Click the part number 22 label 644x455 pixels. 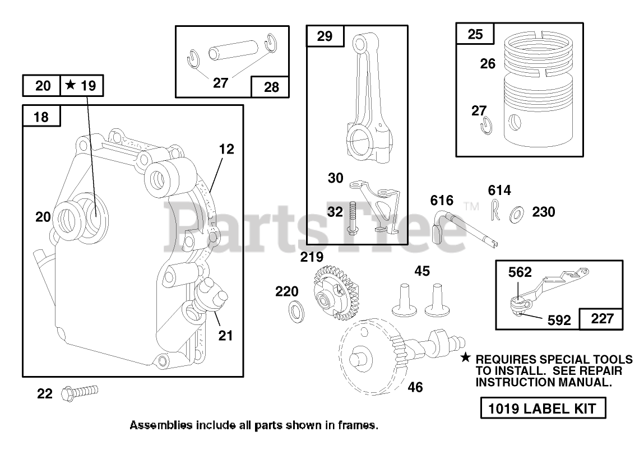[45, 393]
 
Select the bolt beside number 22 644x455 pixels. [80, 392]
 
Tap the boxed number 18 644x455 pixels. [41, 117]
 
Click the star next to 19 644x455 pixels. [71, 85]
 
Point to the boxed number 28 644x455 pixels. [271, 87]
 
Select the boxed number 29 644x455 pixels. [325, 36]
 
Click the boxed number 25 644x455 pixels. [475, 34]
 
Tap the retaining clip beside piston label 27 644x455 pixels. [487, 126]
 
